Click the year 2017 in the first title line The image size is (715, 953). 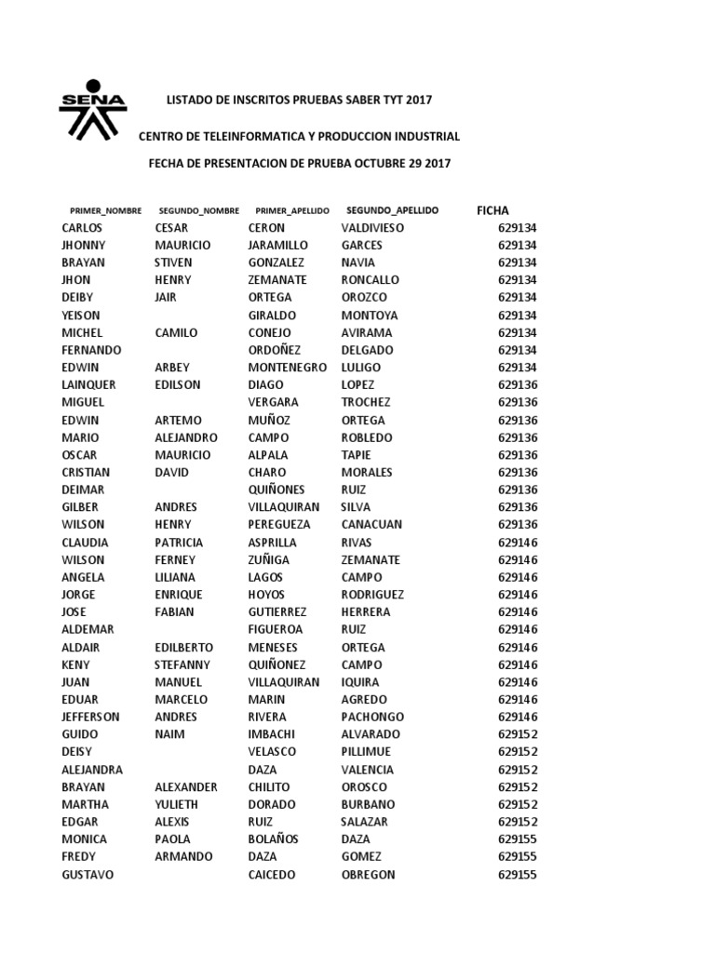(419, 100)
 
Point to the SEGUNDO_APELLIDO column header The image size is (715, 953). (392, 210)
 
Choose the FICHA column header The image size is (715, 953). (492, 211)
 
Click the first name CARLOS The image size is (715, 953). (83, 228)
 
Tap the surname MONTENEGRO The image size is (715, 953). (288, 368)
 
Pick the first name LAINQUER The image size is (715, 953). (89, 384)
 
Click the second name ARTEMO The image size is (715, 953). (179, 420)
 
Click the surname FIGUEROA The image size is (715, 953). (277, 630)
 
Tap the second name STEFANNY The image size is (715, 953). (182, 664)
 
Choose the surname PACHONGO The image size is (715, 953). (372, 718)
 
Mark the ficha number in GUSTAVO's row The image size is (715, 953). (518, 875)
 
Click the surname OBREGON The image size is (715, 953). (369, 875)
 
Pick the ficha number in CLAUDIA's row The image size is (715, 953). (518, 543)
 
